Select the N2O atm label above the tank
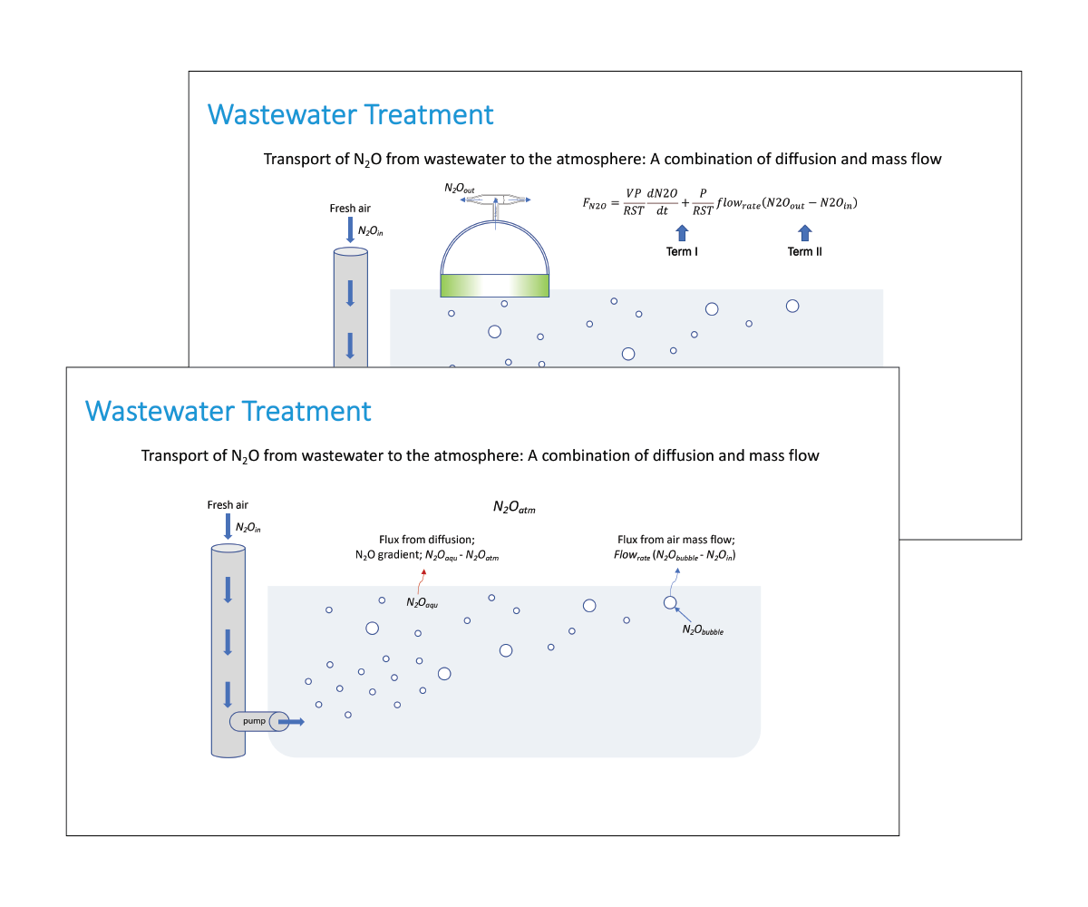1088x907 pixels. (x=514, y=507)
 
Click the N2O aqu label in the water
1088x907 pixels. (x=422, y=602)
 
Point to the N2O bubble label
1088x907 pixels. (x=703, y=629)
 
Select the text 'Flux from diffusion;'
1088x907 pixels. (x=426, y=539)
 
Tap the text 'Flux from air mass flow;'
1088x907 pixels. (x=675, y=539)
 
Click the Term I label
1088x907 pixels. (x=682, y=251)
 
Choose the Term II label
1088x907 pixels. (x=804, y=251)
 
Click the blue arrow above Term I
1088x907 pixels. (x=682, y=233)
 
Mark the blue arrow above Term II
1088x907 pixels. (x=804, y=233)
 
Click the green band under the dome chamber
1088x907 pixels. (x=494, y=286)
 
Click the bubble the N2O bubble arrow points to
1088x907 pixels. (x=670, y=602)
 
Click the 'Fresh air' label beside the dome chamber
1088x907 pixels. (x=350, y=209)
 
